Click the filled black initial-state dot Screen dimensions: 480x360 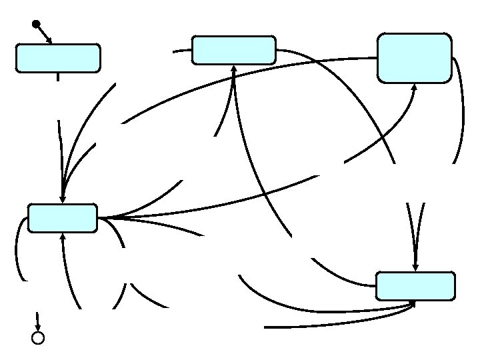(35, 25)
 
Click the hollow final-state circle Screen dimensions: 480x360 (38, 338)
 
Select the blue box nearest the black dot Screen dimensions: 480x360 (59, 58)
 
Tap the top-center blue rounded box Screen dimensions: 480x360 (233, 50)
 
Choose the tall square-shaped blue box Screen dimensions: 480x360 (414, 58)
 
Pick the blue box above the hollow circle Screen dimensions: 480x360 (63, 218)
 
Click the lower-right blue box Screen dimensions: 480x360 (415, 286)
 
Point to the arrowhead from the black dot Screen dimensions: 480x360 (49, 41)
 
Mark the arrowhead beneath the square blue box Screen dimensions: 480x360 (415, 87)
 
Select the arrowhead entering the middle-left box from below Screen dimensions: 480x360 (63, 236)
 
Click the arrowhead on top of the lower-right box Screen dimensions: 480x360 (415, 267)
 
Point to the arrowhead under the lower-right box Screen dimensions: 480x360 (413, 303)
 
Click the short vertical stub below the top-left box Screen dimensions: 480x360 (59, 76)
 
